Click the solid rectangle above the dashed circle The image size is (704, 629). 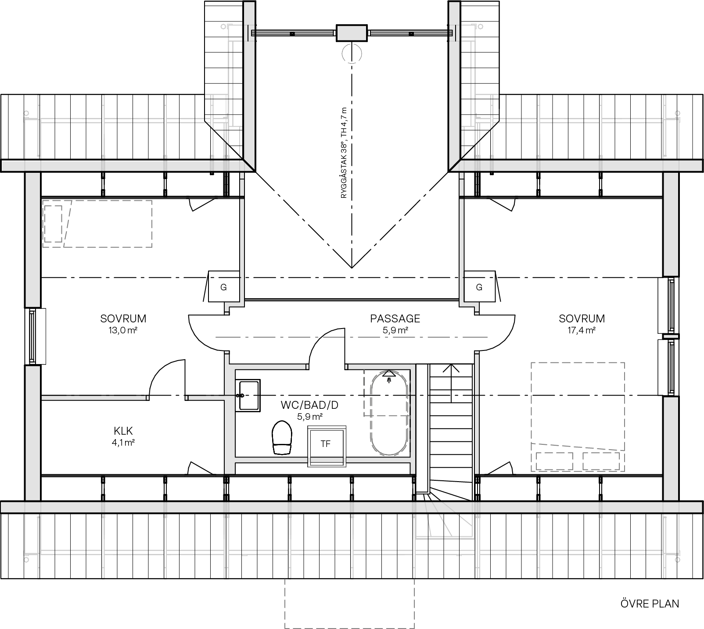click(351, 33)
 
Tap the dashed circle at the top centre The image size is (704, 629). click(352, 54)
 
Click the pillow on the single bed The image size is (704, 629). click(53, 223)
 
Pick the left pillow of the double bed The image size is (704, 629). click(554, 461)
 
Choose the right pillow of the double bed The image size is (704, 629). click(601, 461)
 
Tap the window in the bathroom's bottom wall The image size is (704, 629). click(327, 460)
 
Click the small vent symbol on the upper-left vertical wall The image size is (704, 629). click(253, 32)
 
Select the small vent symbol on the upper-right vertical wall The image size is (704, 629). click(451, 32)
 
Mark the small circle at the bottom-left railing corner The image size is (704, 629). click(26, 560)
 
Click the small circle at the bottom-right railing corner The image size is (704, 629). click(678, 560)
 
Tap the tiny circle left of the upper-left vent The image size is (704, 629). click(223, 27)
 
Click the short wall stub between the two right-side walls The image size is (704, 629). click(671, 337)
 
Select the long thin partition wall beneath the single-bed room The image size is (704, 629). click(94, 398)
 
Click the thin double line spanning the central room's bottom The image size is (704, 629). click(351, 300)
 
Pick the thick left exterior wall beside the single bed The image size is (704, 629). click(33, 239)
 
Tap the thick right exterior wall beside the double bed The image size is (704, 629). click(671, 447)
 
